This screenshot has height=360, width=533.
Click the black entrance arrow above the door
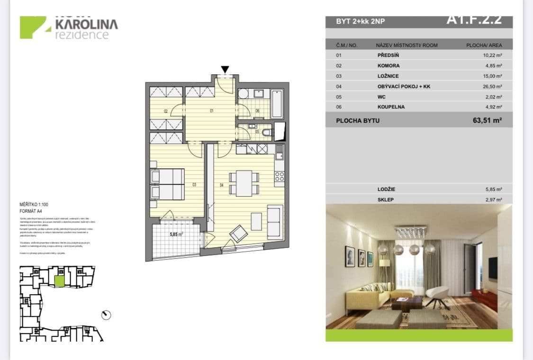225,70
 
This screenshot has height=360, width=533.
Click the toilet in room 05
267,132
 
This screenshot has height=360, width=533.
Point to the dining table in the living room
244,183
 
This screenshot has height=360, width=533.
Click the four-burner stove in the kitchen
279,177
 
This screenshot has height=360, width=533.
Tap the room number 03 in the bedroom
194,185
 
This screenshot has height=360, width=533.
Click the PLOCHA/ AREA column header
484,45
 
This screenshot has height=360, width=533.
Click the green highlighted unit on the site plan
59,281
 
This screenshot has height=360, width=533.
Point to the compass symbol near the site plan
106,315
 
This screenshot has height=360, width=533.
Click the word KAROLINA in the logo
87,24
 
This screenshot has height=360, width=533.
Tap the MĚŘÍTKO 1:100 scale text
34,204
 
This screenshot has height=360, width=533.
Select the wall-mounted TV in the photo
493,268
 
